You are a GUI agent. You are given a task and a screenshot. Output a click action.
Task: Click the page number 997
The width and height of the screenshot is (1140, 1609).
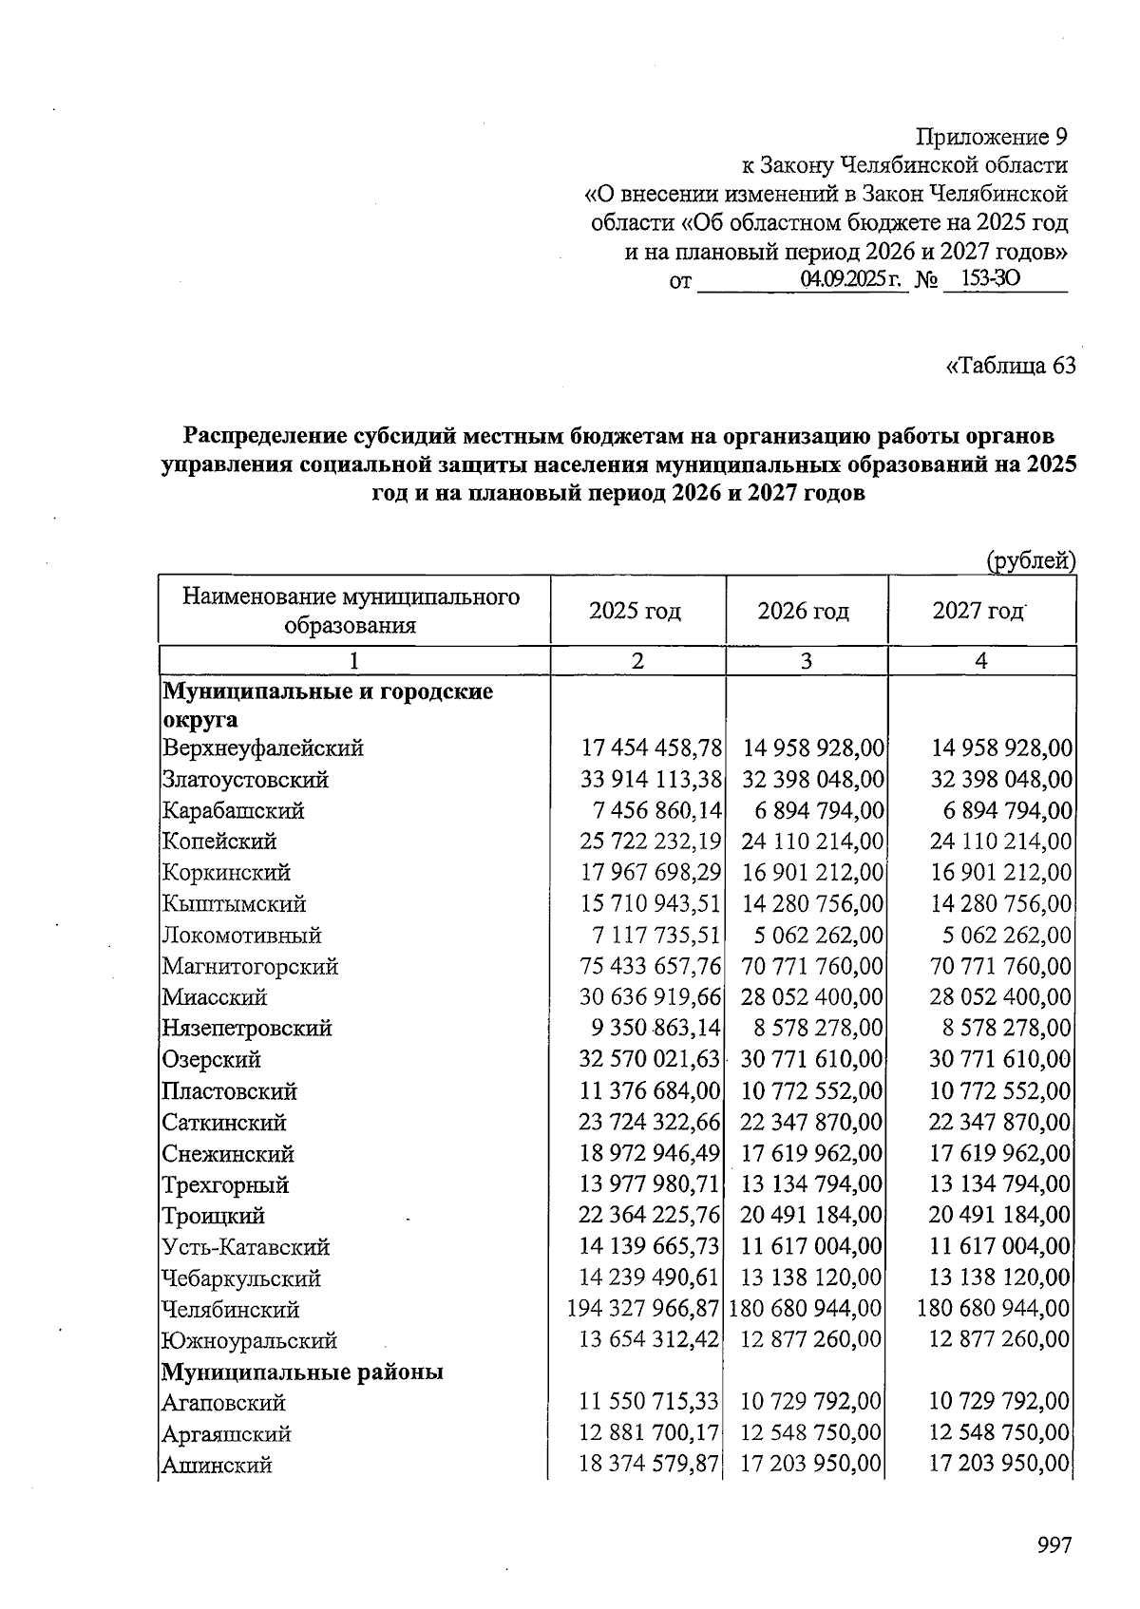(1054, 1545)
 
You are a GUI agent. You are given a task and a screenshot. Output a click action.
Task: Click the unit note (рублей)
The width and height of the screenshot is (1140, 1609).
(1031, 561)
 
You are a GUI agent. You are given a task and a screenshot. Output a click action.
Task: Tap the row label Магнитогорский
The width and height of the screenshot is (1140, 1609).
(250, 967)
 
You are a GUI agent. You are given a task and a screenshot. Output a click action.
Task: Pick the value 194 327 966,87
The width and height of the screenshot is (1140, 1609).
(643, 1309)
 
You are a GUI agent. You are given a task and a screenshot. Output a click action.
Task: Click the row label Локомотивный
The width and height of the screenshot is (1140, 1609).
(241, 936)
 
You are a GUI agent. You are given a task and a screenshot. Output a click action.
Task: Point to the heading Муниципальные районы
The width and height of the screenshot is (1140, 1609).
(303, 1372)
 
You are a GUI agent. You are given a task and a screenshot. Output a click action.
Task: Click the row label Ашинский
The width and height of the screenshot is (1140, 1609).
(217, 1465)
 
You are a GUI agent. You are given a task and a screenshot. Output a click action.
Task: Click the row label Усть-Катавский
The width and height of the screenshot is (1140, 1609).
(245, 1247)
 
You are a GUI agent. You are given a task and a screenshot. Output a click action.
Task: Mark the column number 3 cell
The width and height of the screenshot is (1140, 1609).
(806, 661)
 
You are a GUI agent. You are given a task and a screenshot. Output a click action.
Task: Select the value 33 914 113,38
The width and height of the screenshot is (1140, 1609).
(650, 780)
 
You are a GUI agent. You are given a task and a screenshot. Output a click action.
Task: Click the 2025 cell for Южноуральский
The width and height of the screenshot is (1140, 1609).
(650, 1340)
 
